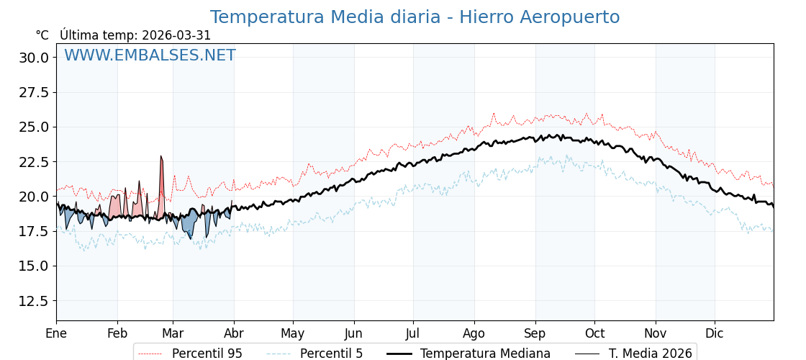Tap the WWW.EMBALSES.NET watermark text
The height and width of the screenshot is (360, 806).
[x=150, y=55]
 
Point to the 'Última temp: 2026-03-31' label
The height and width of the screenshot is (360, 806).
[x=135, y=35]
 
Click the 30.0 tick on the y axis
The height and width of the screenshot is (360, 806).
[x=34, y=58]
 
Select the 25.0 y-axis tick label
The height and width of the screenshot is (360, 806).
[x=34, y=127]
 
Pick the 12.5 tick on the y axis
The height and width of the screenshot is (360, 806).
[x=34, y=301]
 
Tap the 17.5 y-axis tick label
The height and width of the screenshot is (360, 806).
[x=34, y=232]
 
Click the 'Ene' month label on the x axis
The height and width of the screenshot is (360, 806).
[x=56, y=334]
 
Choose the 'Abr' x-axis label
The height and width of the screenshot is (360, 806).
[x=234, y=334]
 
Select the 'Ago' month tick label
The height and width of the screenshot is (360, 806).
[x=474, y=334]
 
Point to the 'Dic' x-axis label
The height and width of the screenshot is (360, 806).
[x=715, y=334]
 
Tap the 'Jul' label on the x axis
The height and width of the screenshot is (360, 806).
[x=413, y=334]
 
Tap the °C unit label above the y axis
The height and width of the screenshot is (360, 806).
[x=42, y=35]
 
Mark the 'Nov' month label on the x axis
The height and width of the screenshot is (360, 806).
[x=656, y=334]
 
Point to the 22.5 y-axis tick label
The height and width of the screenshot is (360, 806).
[x=34, y=162]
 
